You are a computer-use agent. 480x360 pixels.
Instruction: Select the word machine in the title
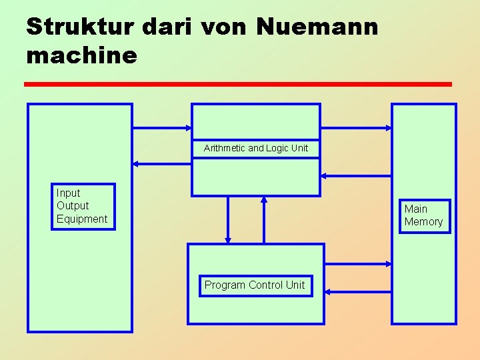pos(81,55)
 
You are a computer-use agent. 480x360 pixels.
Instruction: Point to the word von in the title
pos(222,27)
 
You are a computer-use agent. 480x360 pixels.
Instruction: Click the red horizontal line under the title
pos(238,84)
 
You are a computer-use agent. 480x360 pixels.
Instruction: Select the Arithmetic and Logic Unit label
pos(256,148)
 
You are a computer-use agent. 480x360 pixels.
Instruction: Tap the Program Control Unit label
pos(255,285)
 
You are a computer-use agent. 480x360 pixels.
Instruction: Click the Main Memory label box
pos(424,215)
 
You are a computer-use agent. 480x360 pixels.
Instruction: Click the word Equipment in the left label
pos(82,219)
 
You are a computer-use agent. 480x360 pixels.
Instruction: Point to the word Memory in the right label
pos(424,222)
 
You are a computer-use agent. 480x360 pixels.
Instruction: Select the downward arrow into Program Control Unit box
pos(228,220)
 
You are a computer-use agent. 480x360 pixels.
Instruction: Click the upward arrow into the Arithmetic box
pos(264,220)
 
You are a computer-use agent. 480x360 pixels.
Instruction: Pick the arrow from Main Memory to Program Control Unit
pos(357,291)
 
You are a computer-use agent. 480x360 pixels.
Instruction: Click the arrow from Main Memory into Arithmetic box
pos(355,176)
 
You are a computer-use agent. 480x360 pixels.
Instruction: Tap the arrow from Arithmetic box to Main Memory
pos(355,127)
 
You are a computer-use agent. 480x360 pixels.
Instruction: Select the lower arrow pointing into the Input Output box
pos(162,163)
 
